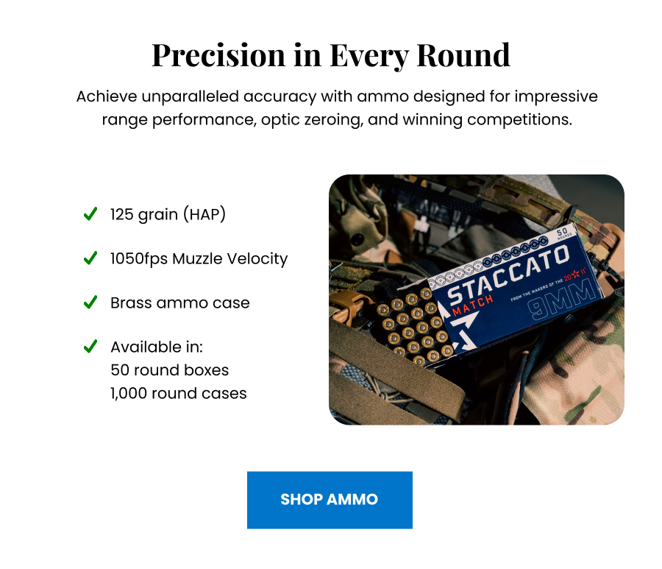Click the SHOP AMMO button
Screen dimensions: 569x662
[330, 500]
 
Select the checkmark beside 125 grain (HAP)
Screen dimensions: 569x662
[90, 214]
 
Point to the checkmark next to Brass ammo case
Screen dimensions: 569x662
[90, 303]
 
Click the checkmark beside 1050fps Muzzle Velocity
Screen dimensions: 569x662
[90, 258]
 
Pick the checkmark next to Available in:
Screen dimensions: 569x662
[90, 347]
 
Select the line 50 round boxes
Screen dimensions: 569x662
[169, 370]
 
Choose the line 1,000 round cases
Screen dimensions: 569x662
[178, 393]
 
